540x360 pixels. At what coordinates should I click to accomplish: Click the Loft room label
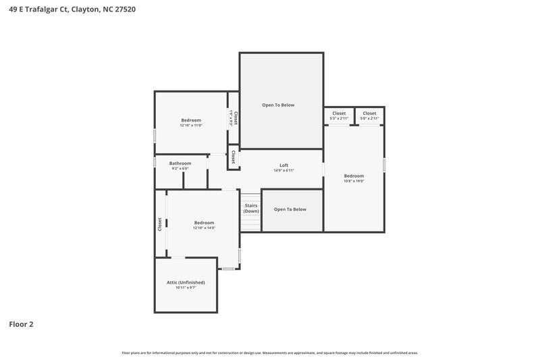coord(284,165)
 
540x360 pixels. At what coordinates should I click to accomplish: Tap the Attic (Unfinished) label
coord(186,282)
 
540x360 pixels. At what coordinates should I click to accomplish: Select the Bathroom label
coord(180,163)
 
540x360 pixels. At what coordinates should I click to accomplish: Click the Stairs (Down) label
coord(251,208)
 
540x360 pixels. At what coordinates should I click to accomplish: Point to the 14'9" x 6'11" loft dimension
coord(284,171)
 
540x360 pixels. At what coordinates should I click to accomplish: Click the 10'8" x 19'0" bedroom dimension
coord(354,181)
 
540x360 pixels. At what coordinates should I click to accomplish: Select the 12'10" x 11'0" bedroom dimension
coord(191,126)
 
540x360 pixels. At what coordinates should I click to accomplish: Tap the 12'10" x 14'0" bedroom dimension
coord(204,228)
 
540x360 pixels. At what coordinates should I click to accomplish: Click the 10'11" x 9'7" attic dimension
coord(186,288)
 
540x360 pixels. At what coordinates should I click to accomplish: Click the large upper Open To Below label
coord(278,105)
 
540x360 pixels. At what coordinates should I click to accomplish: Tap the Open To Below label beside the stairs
coord(290,209)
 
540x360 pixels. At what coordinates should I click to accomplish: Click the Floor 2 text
coord(21,324)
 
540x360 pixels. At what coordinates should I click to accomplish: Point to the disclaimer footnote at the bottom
coord(269,353)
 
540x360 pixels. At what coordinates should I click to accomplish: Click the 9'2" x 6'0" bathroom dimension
coord(180,169)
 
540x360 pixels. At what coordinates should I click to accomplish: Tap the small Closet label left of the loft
coord(233,157)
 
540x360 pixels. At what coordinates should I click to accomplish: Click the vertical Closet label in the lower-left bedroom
coord(160,224)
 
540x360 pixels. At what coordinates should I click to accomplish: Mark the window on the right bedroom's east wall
coord(385,165)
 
